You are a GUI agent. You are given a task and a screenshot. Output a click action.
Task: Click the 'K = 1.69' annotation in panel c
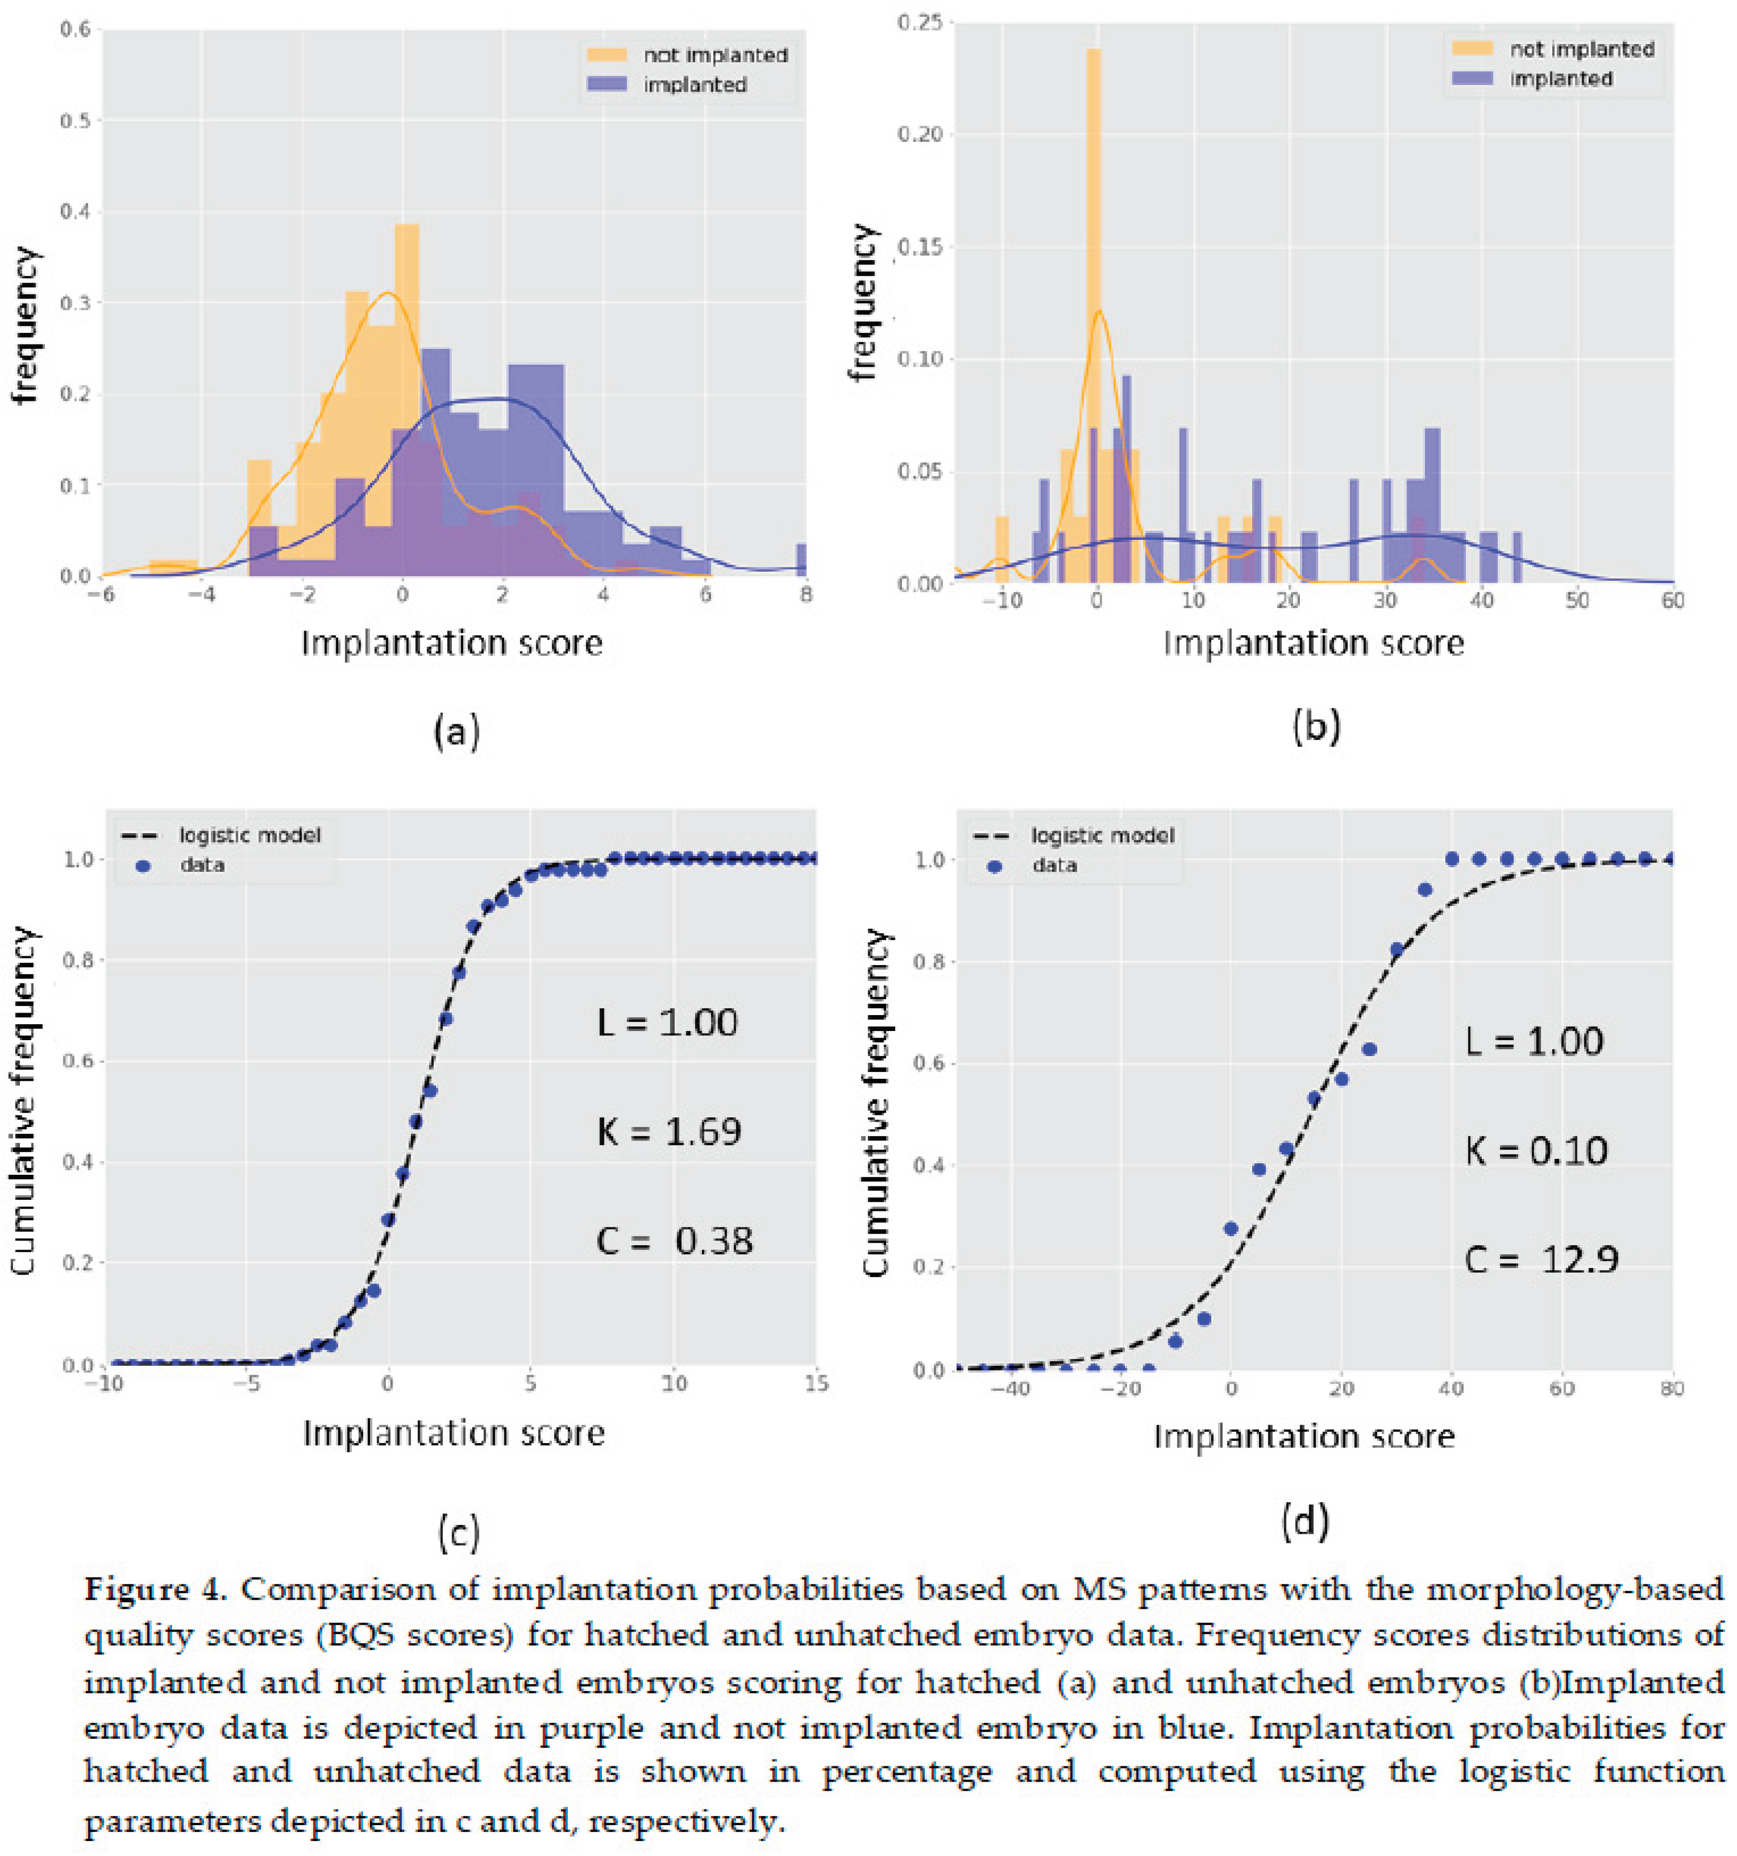[x=668, y=1131]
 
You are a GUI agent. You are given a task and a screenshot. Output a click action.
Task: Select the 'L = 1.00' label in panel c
[x=667, y=1022]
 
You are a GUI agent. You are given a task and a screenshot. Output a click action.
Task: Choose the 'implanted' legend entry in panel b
[x=1560, y=79]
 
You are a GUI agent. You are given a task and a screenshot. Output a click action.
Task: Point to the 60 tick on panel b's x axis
[x=1672, y=600]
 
